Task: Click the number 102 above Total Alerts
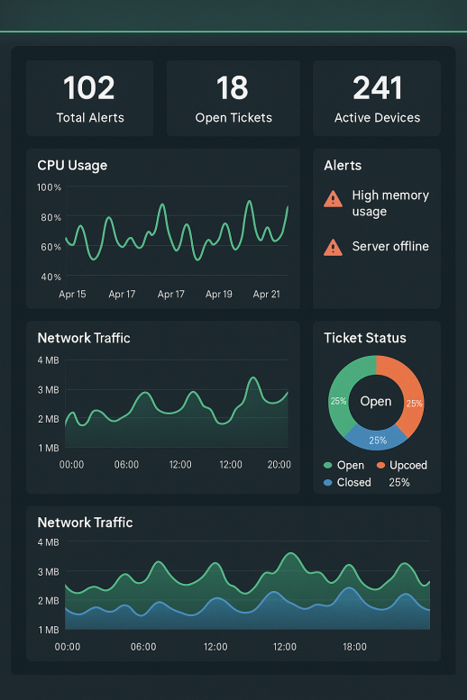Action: pyautogui.click(x=89, y=88)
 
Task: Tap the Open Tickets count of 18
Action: pyautogui.click(x=233, y=88)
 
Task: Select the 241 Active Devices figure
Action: pyautogui.click(x=377, y=88)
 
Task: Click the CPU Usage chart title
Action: pyautogui.click(x=72, y=166)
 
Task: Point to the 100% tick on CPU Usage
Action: pyautogui.click(x=49, y=187)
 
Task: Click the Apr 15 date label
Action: pyautogui.click(x=72, y=295)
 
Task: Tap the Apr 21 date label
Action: pyautogui.click(x=267, y=295)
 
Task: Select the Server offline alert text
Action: pyautogui.click(x=390, y=247)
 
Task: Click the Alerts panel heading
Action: pyautogui.click(x=343, y=166)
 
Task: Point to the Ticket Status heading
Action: pyautogui.click(x=365, y=339)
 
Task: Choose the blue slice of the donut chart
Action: pyautogui.click(x=376, y=438)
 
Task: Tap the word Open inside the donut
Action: pyautogui.click(x=376, y=402)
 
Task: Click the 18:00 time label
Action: pyautogui.click(x=354, y=647)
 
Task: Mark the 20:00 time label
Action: pyautogui.click(x=279, y=465)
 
